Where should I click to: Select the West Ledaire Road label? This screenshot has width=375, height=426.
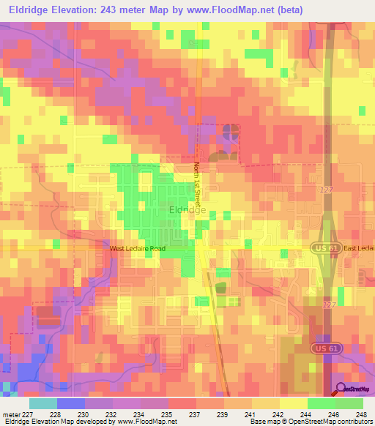click(x=138, y=249)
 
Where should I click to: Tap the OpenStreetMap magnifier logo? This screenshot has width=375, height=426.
click(x=341, y=389)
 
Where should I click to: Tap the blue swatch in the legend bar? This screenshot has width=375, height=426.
click(x=71, y=403)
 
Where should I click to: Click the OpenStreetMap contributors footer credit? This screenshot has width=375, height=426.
click(x=334, y=422)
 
